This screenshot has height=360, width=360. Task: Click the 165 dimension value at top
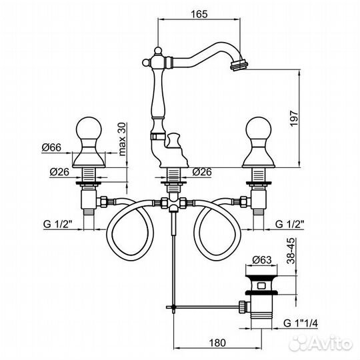[199, 14]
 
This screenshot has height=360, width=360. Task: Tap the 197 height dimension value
[293, 118]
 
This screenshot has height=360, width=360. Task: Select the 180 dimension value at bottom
[217, 343]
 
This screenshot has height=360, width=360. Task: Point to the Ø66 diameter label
[51, 147]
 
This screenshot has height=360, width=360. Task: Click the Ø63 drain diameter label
[262, 260]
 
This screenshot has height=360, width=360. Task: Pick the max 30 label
[122, 139]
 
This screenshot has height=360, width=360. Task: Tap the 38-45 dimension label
[291, 251]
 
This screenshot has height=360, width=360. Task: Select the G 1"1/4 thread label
[301, 323]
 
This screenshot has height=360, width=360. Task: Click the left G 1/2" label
[57, 224]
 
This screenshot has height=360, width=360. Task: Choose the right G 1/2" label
[290, 224]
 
